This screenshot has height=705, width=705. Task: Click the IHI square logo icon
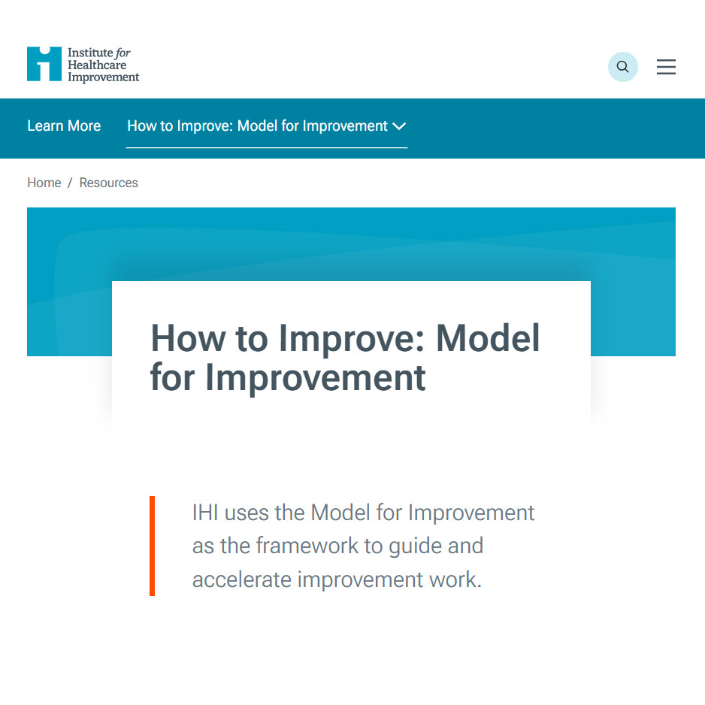(44, 64)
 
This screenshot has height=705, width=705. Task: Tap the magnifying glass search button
(622, 67)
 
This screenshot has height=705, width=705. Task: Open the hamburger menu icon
(666, 67)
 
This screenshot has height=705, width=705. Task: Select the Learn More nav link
(64, 126)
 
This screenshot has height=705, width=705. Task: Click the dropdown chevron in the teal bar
(399, 126)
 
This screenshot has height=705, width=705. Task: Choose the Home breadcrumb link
(44, 183)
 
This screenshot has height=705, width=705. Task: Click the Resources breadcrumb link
(109, 183)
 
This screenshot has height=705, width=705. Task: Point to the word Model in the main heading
(489, 339)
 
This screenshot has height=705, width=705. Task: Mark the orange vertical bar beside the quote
(152, 546)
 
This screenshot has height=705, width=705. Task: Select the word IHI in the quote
(205, 513)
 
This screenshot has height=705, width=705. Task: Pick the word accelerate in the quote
(241, 579)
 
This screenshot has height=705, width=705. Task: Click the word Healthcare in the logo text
(97, 65)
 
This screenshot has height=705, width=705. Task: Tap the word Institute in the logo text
(89, 53)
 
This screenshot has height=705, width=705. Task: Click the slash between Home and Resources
(70, 183)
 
